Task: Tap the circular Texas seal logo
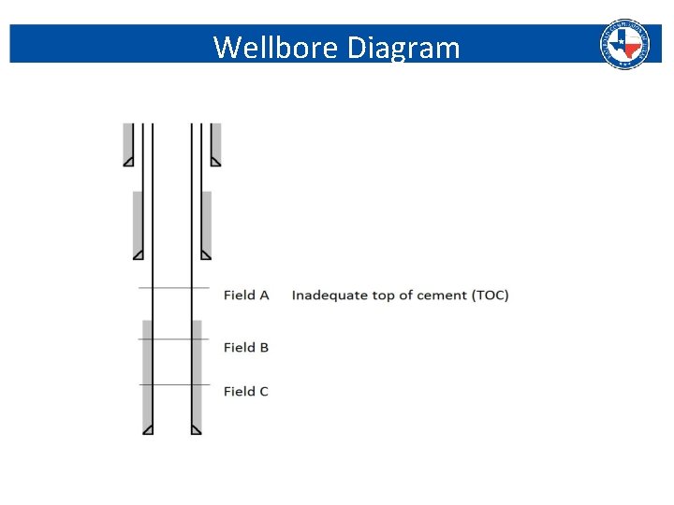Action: click(x=623, y=44)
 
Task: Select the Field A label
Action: click(x=246, y=296)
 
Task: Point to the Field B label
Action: click(x=246, y=347)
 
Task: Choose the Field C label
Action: click(x=246, y=391)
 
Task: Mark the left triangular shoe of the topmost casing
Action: click(x=129, y=161)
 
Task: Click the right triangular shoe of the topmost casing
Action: click(x=214, y=161)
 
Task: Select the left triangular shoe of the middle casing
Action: click(x=139, y=254)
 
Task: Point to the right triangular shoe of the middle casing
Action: click(x=205, y=254)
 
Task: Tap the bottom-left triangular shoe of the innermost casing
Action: click(x=148, y=429)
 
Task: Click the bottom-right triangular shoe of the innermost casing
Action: click(x=196, y=429)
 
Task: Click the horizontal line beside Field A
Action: click(x=173, y=288)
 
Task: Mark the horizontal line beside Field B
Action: click(x=173, y=339)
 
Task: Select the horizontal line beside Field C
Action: click(x=173, y=384)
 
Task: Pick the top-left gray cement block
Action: click(x=128, y=140)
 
